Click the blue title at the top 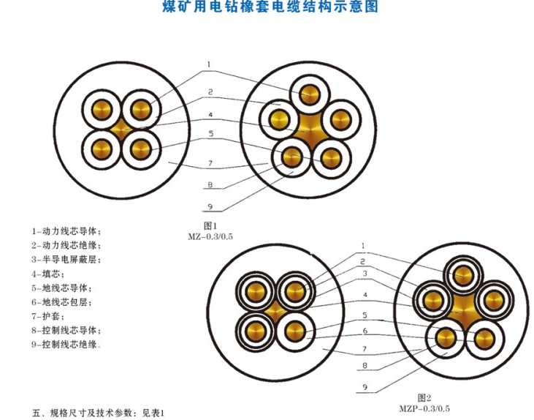click(270, 6)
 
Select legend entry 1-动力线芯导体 click(66, 231)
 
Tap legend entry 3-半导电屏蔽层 click(66, 260)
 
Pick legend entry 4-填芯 click(48, 274)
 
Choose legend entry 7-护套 click(48, 316)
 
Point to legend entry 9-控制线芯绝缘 click(66, 345)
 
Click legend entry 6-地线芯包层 click(61, 302)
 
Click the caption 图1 click(210, 226)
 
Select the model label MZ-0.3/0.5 click(210, 237)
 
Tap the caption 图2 click(424, 398)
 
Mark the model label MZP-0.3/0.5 click(424, 408)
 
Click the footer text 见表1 click(153, 413)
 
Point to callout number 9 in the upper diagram click(210, 207)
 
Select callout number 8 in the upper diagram click(210, 184)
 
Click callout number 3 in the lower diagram click(365, 274)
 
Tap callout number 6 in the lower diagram click(365, 331)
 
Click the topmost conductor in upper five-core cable click(310, 94)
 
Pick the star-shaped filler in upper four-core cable click(121, 130)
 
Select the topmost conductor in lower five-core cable click(463, 275)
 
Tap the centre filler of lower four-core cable click(275, 311)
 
